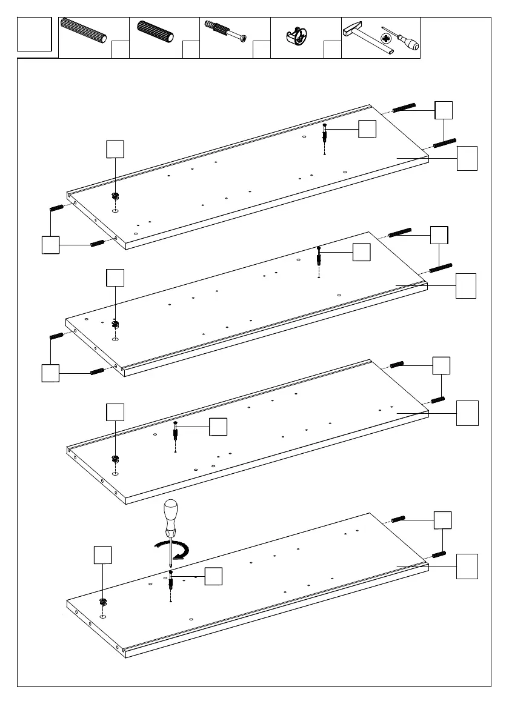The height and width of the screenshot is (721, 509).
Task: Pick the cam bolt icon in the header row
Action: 226,32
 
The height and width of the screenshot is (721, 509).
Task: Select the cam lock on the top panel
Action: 115,196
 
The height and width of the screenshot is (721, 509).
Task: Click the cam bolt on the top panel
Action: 326,135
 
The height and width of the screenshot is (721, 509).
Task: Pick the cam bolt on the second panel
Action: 319,257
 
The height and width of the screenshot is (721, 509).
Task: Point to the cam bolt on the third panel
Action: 175,431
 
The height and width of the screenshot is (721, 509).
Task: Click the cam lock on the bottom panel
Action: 103,602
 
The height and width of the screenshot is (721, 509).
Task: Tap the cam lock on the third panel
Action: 115,459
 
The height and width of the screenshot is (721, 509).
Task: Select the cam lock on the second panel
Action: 115,324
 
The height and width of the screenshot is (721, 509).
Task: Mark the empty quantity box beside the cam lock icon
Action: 332,50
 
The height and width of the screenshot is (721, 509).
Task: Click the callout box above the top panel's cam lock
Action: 115,149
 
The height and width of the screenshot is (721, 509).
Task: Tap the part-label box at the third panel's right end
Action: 467,413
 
